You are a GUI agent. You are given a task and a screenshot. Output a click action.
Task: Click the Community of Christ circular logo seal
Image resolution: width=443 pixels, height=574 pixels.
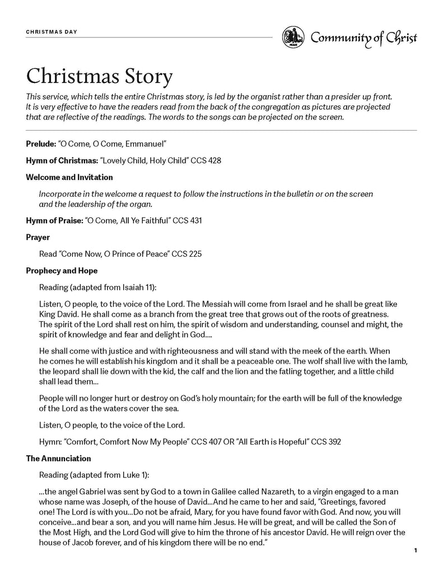[x=293, y=38]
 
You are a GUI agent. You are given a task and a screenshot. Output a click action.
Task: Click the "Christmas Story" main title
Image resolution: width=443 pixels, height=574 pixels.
[x=99, y=77]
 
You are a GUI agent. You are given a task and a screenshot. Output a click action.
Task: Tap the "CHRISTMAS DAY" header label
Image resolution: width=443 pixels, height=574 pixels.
[x=52, y=32]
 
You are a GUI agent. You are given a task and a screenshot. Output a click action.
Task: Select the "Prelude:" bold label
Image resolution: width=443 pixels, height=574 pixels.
[x=40, y=144]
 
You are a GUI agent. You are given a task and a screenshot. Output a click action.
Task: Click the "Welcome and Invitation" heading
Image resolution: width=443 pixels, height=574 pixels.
[x=69, y=177]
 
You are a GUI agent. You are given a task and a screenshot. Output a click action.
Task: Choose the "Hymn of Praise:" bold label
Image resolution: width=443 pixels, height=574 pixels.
[x=54, y=221]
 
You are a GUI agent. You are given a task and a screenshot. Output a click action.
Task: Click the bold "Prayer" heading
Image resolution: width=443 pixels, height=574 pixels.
[x=38, y=237]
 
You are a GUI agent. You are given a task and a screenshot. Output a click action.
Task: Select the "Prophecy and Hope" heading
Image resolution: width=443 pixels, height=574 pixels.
[x=62, y=271]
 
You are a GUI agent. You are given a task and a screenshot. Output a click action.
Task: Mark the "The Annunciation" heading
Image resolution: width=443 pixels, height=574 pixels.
[x=58, y=459]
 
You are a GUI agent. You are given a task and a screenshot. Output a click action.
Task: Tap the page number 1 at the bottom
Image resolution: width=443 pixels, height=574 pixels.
[x=416, y=551]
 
